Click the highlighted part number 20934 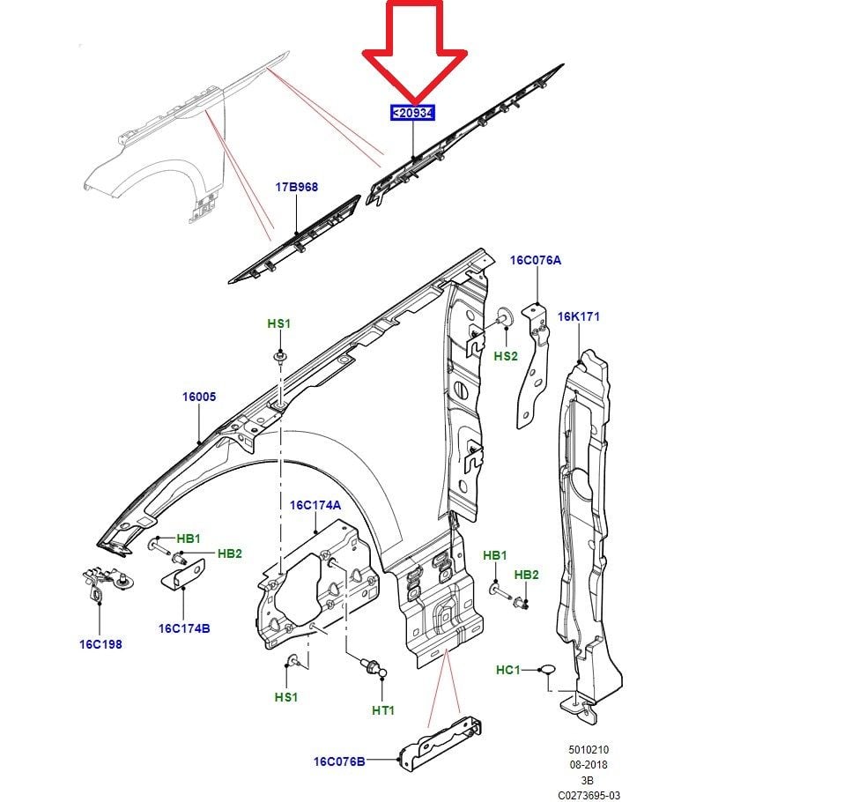coord(413,113)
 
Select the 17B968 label coord(296,187)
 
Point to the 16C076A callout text coord(535,260)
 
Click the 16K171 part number coord(578,316)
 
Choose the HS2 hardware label coord(506,356)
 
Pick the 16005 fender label coord(199,397)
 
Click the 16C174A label coord(315,505)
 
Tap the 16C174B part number coord(184,628)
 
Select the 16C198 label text coord(100,643)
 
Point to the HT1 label coord(383,709)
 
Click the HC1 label coord(508,670)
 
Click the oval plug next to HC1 coord(547,671)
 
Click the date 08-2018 coord(588,765)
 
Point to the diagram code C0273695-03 coord(589,795)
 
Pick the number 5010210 coord(588,750)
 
